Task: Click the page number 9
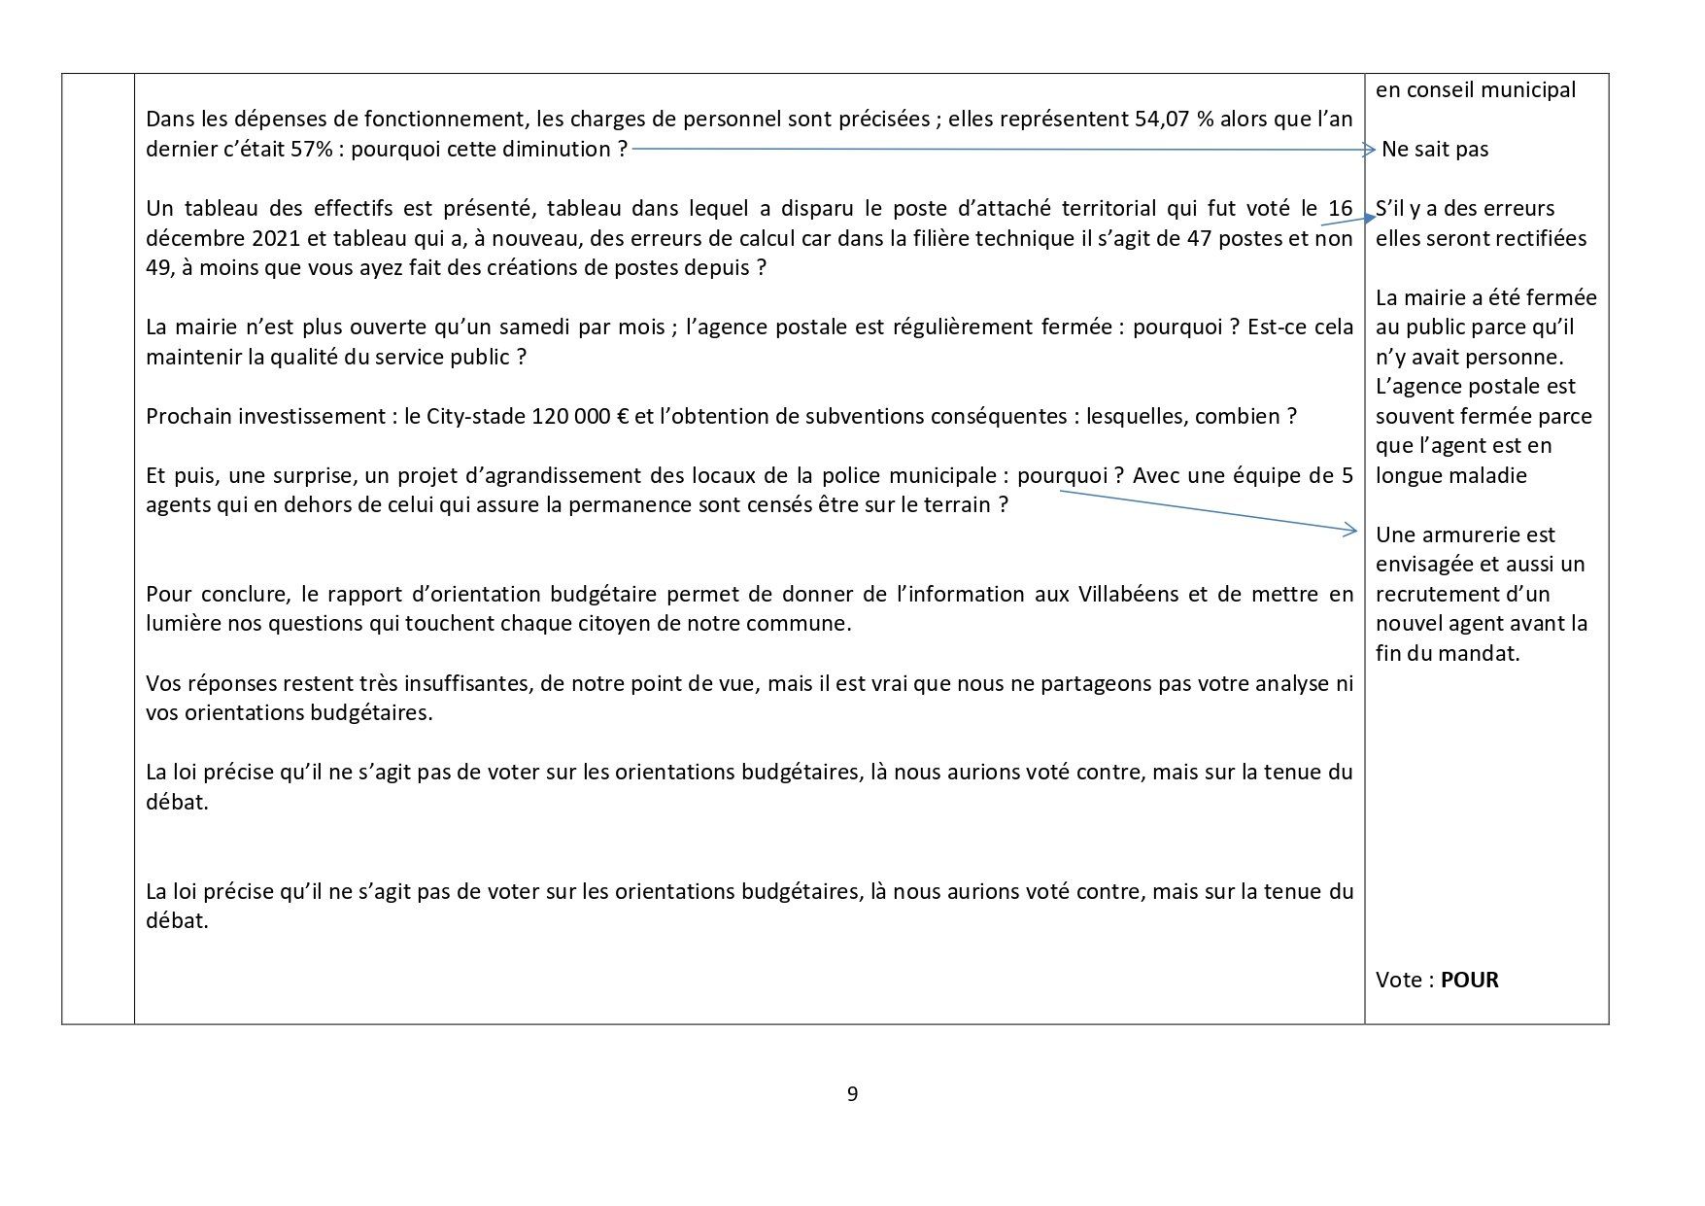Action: [x=852, y=1094]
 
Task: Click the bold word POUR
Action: [x=1469, y=980]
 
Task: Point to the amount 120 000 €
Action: [x=581, y=417]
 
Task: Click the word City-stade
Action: [x=479, y=417]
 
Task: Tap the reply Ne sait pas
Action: [x=1435, y=150]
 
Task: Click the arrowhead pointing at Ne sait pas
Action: [x=1369, y=150]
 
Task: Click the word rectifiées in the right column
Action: [x=1539, y=238]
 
